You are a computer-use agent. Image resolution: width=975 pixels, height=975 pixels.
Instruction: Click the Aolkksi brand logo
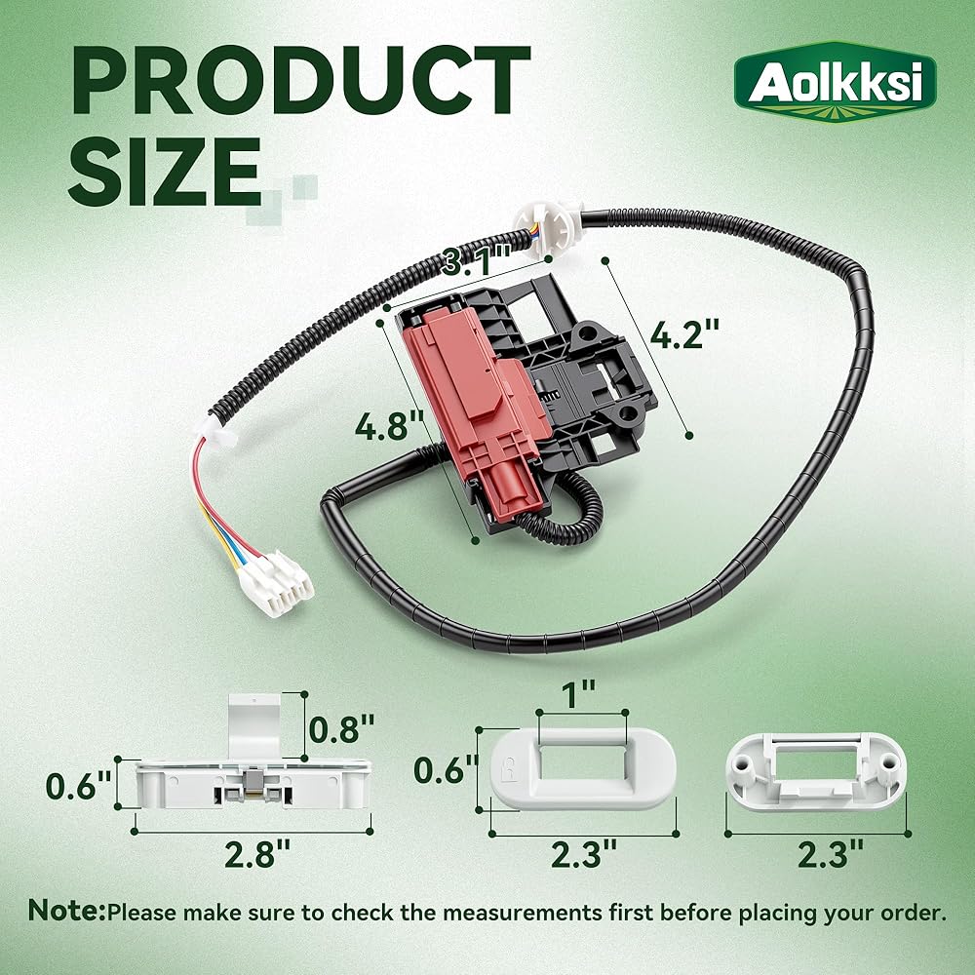pos(836,82)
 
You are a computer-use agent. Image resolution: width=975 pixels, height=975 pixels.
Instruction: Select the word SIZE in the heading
pos(165,172)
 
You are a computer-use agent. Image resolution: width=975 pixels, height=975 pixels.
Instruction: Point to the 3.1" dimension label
pos(477,260)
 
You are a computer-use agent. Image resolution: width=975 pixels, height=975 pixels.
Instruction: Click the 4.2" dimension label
pos(684,334)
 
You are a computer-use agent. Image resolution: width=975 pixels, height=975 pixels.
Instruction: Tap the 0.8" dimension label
pos(341,728)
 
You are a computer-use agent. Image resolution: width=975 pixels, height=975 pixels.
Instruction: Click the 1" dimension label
pos(578,693)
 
